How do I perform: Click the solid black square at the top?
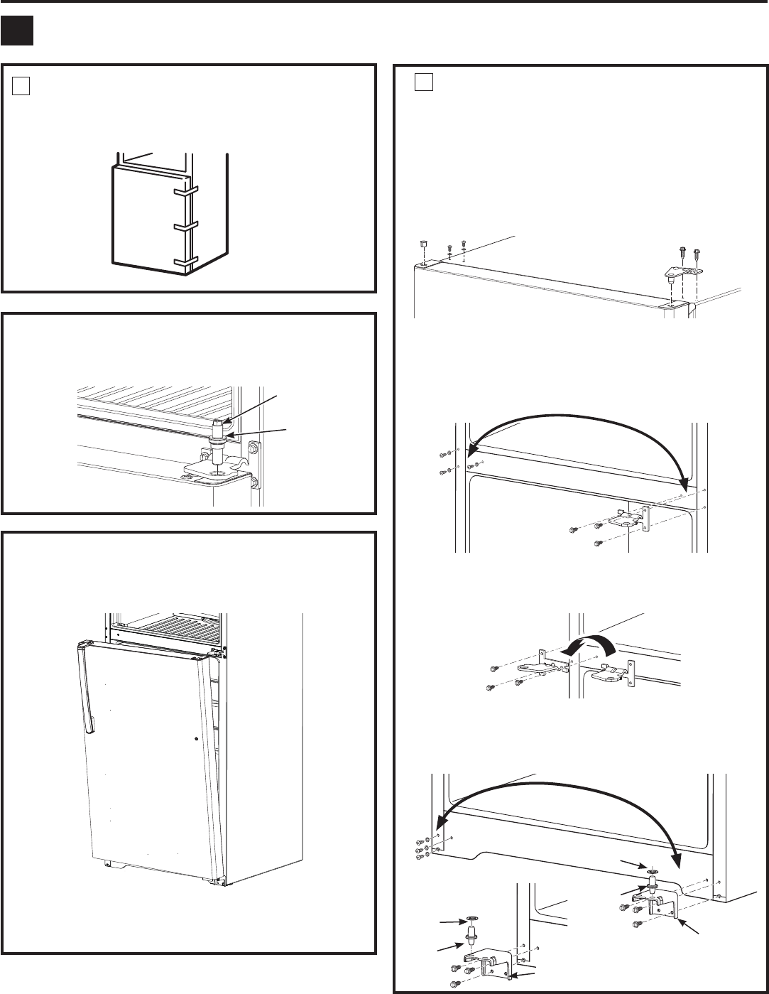(17, 32)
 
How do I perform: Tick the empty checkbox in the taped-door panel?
(21, 85)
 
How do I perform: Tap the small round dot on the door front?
(195, 739)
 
